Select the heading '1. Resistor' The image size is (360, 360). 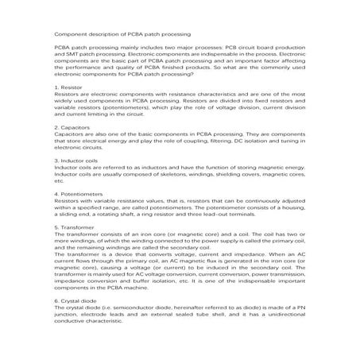pyautogui.click(x=70, y=85)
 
